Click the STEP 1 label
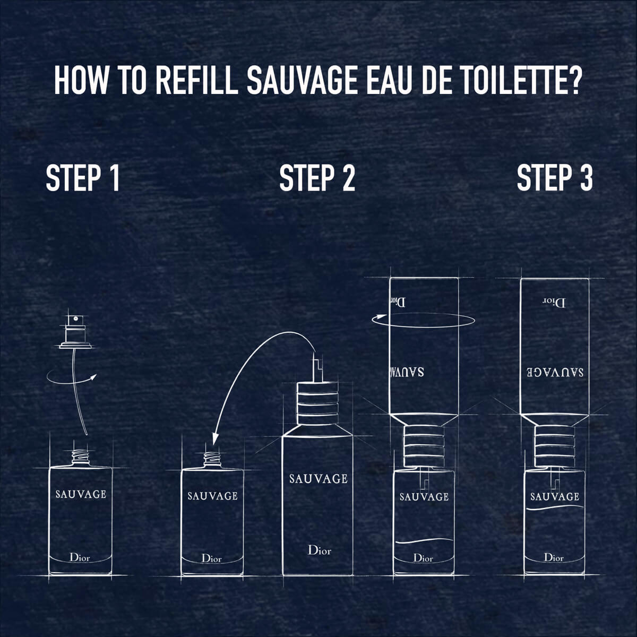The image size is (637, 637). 83,178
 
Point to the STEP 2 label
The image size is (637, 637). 317,178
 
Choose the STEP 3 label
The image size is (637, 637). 555,178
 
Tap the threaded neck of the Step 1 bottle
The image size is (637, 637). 80,457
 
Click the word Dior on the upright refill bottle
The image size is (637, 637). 320,551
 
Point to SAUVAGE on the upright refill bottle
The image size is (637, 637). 318,479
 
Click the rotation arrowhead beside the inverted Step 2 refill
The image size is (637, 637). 380,316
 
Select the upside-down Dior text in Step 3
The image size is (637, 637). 554,302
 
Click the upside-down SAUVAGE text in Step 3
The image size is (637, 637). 555,373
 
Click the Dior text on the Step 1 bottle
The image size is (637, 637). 80,557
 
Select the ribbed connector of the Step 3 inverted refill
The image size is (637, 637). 554,446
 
